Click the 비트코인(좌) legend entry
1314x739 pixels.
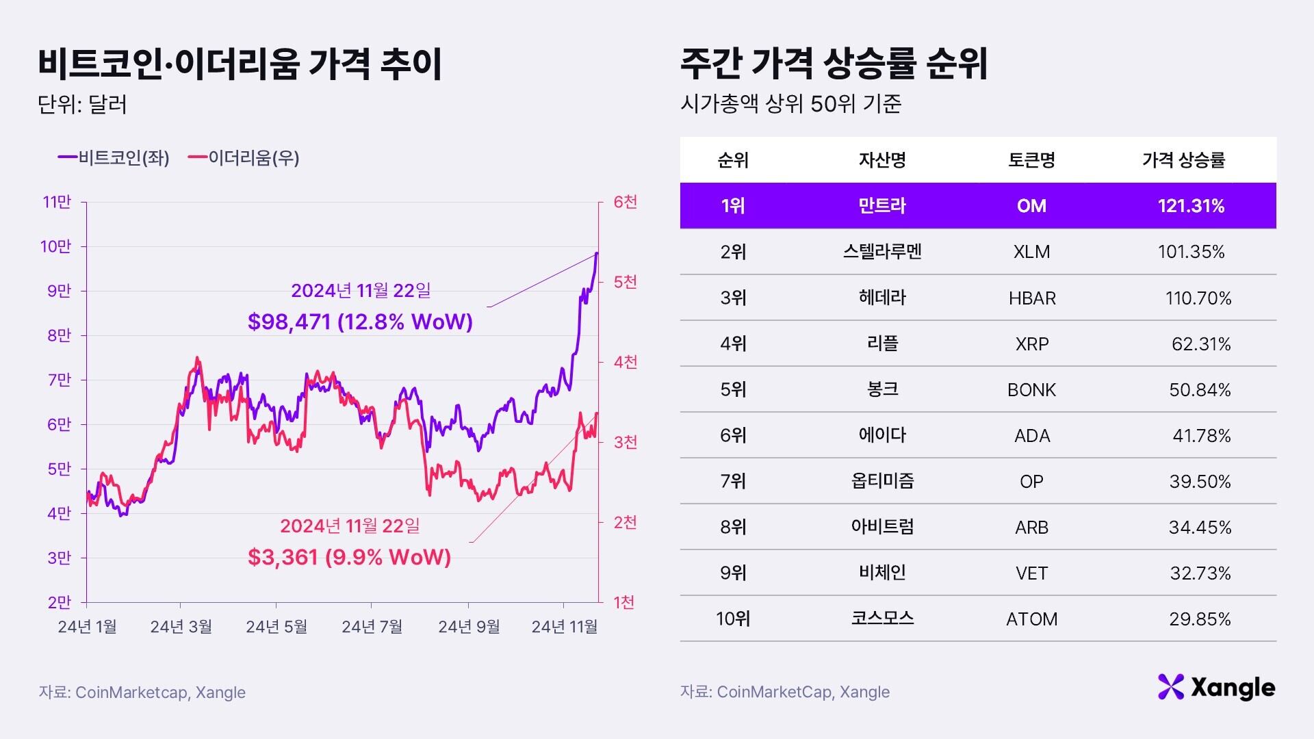click(x=114, y=158)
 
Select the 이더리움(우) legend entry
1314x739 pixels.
click(x=244, y=158)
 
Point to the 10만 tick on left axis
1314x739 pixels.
click(x=56, y=246)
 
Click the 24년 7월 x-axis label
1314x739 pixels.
click(x=372, y=627)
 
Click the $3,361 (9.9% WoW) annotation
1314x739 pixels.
click(x=349, y=557)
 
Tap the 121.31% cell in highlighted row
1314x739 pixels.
click(x=1191, y=206)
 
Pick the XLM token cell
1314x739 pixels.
click(x=1031, y=252)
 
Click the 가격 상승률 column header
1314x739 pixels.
click(x=1183, y=160)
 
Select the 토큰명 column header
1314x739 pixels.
click(x=1031, y=160)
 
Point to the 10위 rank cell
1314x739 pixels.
click(x=733, y=619)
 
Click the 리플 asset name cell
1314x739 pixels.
click(x=882, y=343)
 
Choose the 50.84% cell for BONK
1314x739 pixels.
click(x=1200, y=390)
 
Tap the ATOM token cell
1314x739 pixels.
click(x=1031, y=619)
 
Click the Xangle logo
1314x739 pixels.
click(x=1216, y=687)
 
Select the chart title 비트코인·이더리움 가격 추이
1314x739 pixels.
click(x=240, y=65)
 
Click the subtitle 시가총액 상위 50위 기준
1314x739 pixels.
click(x=790, y=104)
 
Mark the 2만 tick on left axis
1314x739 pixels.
click(x=60, y=602)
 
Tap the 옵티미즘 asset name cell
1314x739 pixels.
click(x=882, y=481)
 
